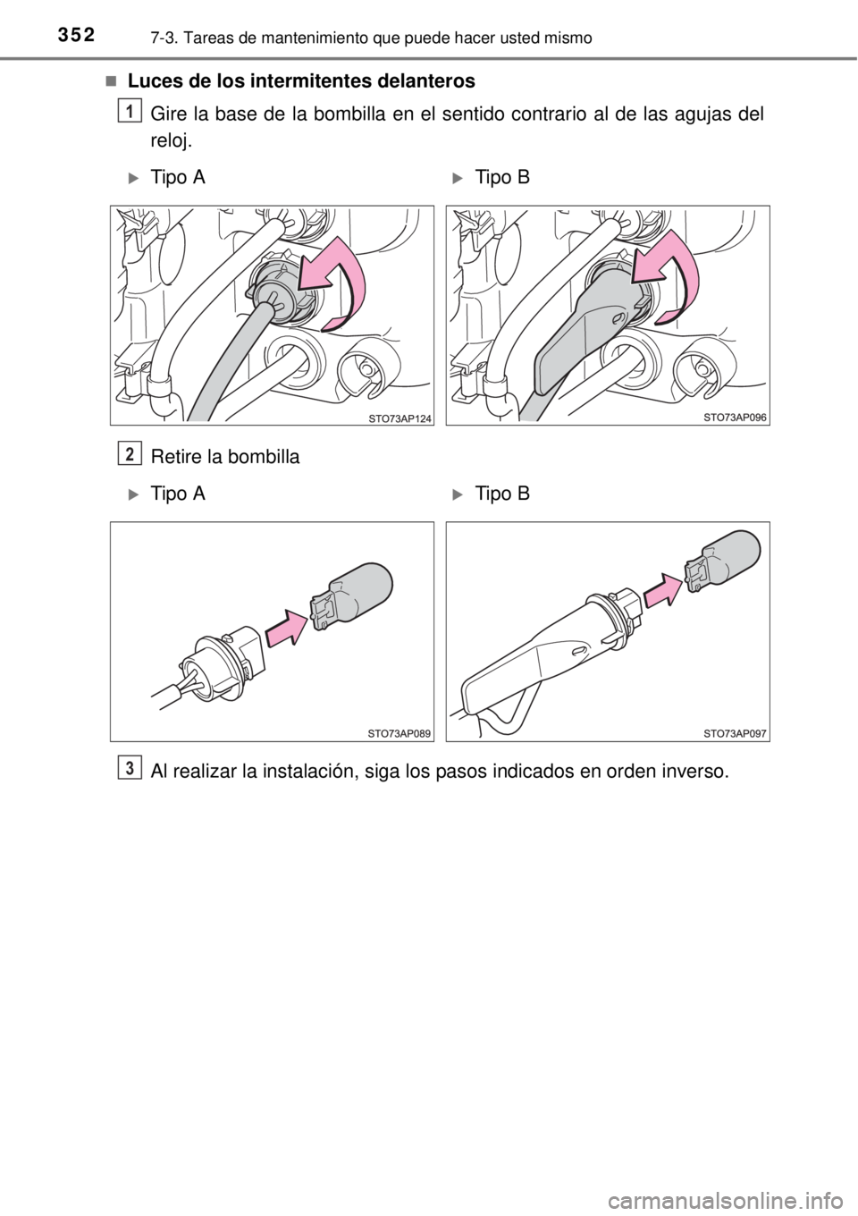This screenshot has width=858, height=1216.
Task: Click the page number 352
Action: [75, 35]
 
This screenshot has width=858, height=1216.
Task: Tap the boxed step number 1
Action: [130, 112]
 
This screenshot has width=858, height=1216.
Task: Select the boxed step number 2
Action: [130, 454]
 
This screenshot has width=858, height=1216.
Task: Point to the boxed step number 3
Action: [130, 768]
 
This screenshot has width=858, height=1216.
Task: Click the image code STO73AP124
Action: [400, 418]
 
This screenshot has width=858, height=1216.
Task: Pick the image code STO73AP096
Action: [735, 418]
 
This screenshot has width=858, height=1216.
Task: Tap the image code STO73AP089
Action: [400, 734]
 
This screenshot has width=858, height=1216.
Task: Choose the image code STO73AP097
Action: [735, 734]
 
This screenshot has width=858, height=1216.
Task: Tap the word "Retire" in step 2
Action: [175, 457]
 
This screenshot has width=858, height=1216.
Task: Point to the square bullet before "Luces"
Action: [111, 81]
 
